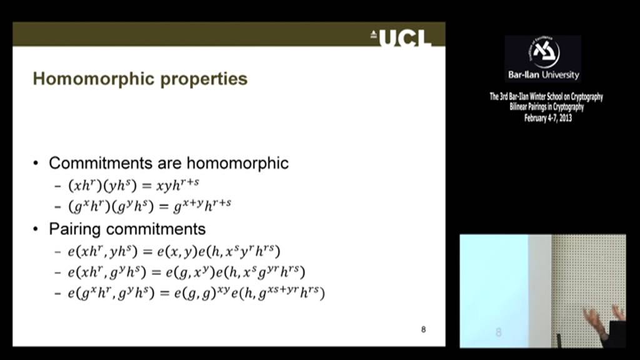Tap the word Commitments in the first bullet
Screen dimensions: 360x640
click(x=99, y=163)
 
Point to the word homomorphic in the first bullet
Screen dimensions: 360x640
click(x=237, y=163)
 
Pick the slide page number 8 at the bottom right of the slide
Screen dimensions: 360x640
click(x=423, y=329)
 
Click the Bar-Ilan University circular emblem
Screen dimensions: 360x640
click(x=543, y=52)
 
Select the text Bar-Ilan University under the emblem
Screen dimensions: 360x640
click(x=543, y=75)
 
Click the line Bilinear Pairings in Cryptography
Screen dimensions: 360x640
click(x=546, y=107)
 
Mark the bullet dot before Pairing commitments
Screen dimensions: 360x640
click(x=36, y=229)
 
